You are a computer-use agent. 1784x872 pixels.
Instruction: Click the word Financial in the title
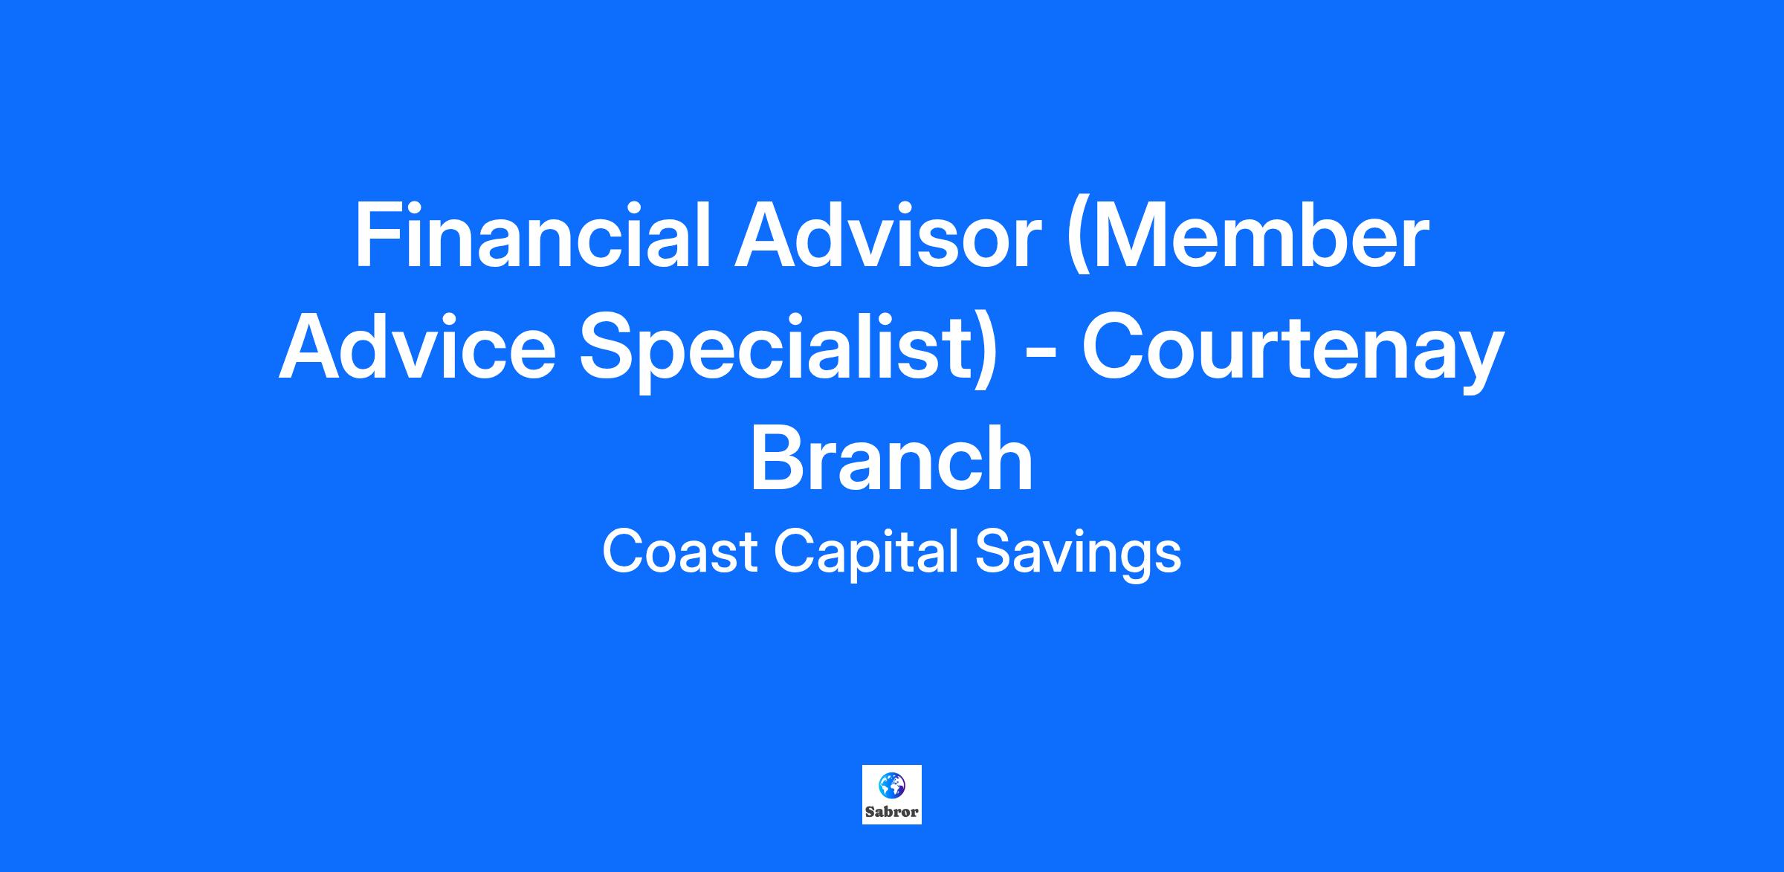(531, 235)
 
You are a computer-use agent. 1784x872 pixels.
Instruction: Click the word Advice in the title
(417, 346)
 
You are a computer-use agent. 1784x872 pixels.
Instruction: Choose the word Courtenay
(1293, 352)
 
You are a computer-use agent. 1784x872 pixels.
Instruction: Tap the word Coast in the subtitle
(680, 552)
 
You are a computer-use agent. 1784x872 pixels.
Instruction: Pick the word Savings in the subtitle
(1077, 554)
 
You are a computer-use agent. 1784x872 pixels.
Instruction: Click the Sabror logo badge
(892, 794)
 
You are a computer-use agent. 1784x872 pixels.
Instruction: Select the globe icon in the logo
(892, 784)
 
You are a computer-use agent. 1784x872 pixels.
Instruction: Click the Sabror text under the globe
(892, 812)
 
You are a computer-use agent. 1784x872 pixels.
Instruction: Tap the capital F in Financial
(377, 235)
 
